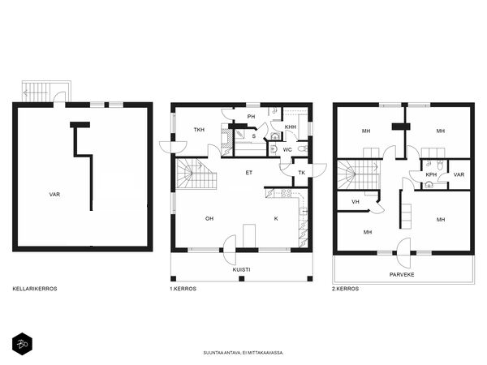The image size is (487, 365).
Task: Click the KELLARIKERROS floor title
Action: click(x=34, y=289)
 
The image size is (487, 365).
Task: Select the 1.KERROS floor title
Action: click(x=183, y=289)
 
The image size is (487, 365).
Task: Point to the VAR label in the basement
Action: click(x=54, y=195)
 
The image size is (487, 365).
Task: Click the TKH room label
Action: click(x=199, y=130)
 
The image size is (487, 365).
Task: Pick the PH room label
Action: click(x=251, y=116)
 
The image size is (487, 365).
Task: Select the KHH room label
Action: click(x=290, y=127)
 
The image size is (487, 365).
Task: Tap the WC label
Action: click(x=287, y=150)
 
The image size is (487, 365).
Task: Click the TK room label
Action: click(x=301, y=172)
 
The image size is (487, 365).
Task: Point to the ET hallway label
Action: click(x=249, y=172)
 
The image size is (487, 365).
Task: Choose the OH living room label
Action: click(x=209, y=218)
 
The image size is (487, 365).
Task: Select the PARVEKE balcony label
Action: click(x=401, y=273)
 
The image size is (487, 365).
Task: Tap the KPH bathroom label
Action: click(x=431, y=174)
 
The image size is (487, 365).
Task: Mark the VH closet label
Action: click(x=356, y=202)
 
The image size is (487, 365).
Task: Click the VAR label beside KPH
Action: click(x=459, y=174)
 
